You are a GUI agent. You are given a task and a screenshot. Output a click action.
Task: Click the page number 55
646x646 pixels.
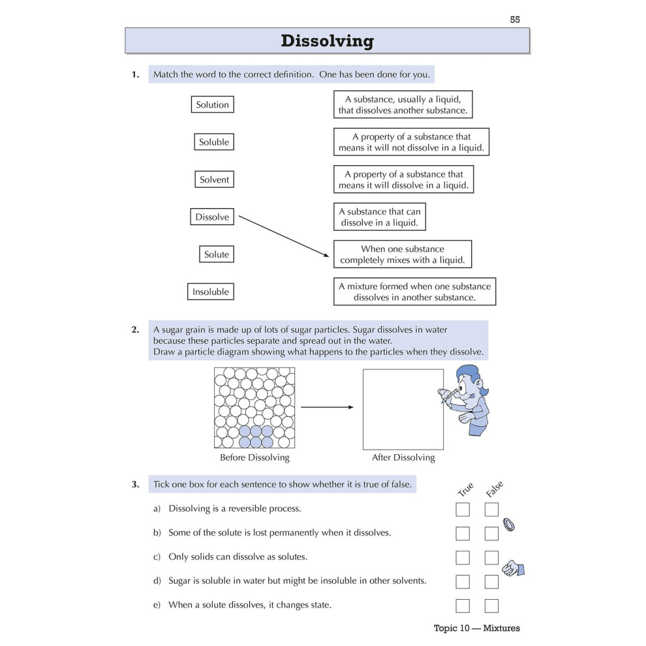point(515,20)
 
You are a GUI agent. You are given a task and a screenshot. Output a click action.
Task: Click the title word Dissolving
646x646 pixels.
point(327,41)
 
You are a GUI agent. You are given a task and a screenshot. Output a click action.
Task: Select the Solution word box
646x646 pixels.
point(213,104)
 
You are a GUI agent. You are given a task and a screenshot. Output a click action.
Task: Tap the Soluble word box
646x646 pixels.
point(214,142)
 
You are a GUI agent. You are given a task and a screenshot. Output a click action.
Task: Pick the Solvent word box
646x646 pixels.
point(214,179)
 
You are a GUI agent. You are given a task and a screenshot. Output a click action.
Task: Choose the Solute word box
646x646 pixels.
point(217,254)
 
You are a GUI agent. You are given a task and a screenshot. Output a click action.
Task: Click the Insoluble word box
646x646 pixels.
point(211,292)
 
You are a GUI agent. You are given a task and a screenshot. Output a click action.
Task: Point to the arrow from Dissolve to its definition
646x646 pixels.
point(284,236)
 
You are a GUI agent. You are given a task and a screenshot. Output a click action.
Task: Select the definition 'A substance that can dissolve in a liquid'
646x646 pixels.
point(379,217)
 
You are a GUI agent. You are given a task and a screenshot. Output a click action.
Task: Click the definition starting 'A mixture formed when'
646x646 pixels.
point(414,292)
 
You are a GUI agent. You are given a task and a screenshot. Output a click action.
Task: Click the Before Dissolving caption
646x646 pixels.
point(254,457)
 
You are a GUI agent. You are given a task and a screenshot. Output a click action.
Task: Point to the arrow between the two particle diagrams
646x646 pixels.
point(327,407)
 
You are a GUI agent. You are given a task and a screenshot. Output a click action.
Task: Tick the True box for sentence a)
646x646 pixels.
point(463,510)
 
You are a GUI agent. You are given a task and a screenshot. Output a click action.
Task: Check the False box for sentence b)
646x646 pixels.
point(491,534)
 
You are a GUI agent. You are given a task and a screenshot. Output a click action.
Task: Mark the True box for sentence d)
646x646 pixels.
point(463,582)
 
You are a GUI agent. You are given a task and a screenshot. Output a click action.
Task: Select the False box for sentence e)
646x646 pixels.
point(491,606)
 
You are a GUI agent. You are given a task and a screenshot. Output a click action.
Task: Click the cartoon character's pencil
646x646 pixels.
point(449,395)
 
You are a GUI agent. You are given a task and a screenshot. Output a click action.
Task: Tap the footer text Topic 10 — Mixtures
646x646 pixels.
point(477,628)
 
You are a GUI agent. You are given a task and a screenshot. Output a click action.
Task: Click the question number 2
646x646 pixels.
point(135,330)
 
